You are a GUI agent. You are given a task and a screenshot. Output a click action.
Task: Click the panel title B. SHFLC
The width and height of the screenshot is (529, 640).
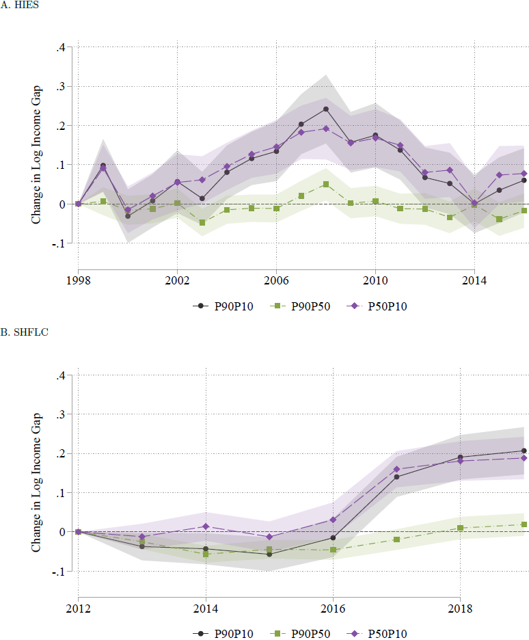[x=23, y=333]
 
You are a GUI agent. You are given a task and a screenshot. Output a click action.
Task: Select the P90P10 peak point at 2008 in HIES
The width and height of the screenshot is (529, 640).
[x=326, y=109]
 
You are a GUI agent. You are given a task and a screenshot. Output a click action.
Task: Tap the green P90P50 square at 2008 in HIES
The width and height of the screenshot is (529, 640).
[x=326, y=185]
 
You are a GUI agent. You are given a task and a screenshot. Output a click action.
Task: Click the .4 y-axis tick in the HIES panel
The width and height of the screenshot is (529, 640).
[x=60, y=47]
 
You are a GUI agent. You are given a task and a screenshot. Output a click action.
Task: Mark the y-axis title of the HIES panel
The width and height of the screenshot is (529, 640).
[x=37, y=145]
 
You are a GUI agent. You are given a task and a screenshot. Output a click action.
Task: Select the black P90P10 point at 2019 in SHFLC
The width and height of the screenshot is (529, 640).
[x=524, y=451]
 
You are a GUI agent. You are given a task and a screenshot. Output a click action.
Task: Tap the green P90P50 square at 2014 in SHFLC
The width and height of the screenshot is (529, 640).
[x=206, y=554]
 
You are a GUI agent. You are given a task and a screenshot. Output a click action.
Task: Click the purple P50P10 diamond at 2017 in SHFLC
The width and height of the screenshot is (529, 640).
[x=396, y=469]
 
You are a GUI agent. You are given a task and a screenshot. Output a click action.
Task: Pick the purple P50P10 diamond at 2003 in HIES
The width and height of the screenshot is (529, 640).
[x=202, y=180]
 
